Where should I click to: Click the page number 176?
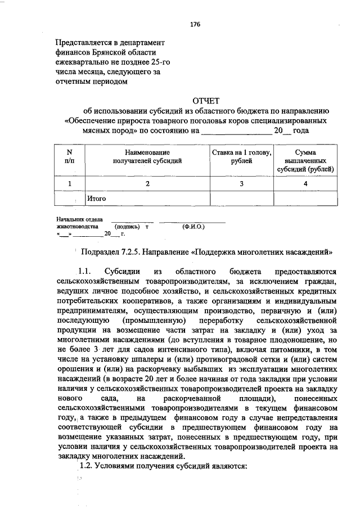(195, 25)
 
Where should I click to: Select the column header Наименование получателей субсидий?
(147, 156)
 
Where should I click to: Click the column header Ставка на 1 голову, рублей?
(241, 156)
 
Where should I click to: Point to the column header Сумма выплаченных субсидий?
(305, 160)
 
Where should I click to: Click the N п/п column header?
(69, 156)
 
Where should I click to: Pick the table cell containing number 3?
(241, 184)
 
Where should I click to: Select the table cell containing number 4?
(305, 184)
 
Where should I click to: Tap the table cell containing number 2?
(147, 184)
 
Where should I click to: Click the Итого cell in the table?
(96, 199)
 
